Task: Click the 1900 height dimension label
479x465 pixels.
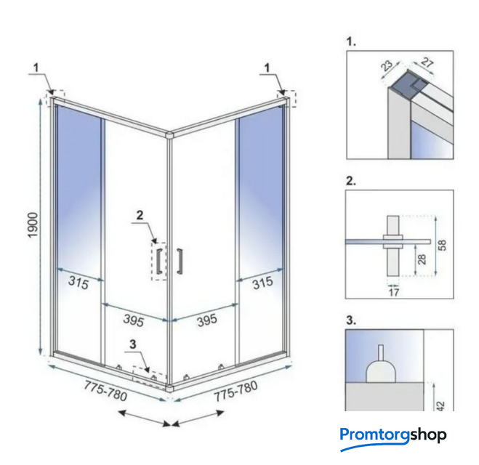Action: pyautogui.click(x=33, y=225)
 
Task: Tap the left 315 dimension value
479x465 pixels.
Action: pyautogui.click(x=79, y=283)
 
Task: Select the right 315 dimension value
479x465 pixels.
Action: pyautogui.click(x=262, y=283)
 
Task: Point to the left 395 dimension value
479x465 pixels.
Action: pyautogui.click(x=134, y=320)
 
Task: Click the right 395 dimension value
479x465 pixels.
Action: pyautogui.click(x=207, y=320)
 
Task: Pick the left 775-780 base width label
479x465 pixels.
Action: pyautogui.click(x=105, y=390)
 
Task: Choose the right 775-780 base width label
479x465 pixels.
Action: pyautogui.click(x=236, y=391)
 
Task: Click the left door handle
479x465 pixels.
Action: pyautogui.click(x=159, y=261)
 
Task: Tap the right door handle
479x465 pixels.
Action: pyautogui.click(x=180, y=261)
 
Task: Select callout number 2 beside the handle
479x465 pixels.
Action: pyautogui.click(x=140, y=215)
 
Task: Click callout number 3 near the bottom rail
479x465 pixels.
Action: pyautogui.click(x=132, y=344)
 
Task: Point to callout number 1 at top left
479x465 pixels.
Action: pyautogui.click(x=36, y=68)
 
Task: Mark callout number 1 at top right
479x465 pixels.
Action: pyautogui.click(x=267, y=68)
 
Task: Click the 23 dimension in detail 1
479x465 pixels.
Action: pyautogui.click(x=387, y=65)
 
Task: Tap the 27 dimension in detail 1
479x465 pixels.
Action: pyautogui.click(x=427, y=62)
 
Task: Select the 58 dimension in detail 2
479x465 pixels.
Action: pyautogui.click(x=442, y=245)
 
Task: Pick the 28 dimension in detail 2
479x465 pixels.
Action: pyautogui.click(x=422, y=259)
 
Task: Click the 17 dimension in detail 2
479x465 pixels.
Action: pyautogui.click(x=394, y=293)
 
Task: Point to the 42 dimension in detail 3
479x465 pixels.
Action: pyautogui.click(x=440, y=405)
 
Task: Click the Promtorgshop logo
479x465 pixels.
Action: pyautogui.click(x=393, y=437)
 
